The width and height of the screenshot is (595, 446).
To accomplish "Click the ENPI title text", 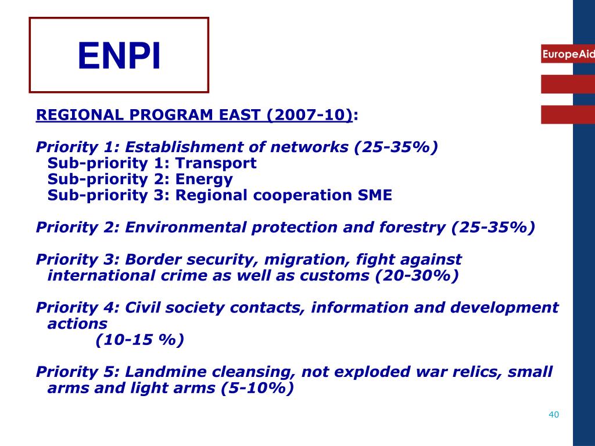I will click(x=119, y=56).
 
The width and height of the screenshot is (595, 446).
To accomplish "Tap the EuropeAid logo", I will click(x=568, y=54).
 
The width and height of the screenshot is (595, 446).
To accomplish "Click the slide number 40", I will click(x=553, y=415).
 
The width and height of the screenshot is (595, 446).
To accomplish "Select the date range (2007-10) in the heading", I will click(x=310, y=115).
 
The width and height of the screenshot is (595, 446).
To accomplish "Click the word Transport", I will click(x=216, y=163).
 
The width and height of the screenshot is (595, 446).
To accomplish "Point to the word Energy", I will click(x=204, y=179).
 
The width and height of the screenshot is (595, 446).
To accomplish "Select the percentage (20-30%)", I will click(x=417, y=275).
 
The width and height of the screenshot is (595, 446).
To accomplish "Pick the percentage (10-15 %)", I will click(x=140, y=340).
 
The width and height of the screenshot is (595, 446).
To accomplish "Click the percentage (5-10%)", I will click(x=257, y=388).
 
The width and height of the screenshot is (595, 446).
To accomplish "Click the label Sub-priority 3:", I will click(x=108, y=195).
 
